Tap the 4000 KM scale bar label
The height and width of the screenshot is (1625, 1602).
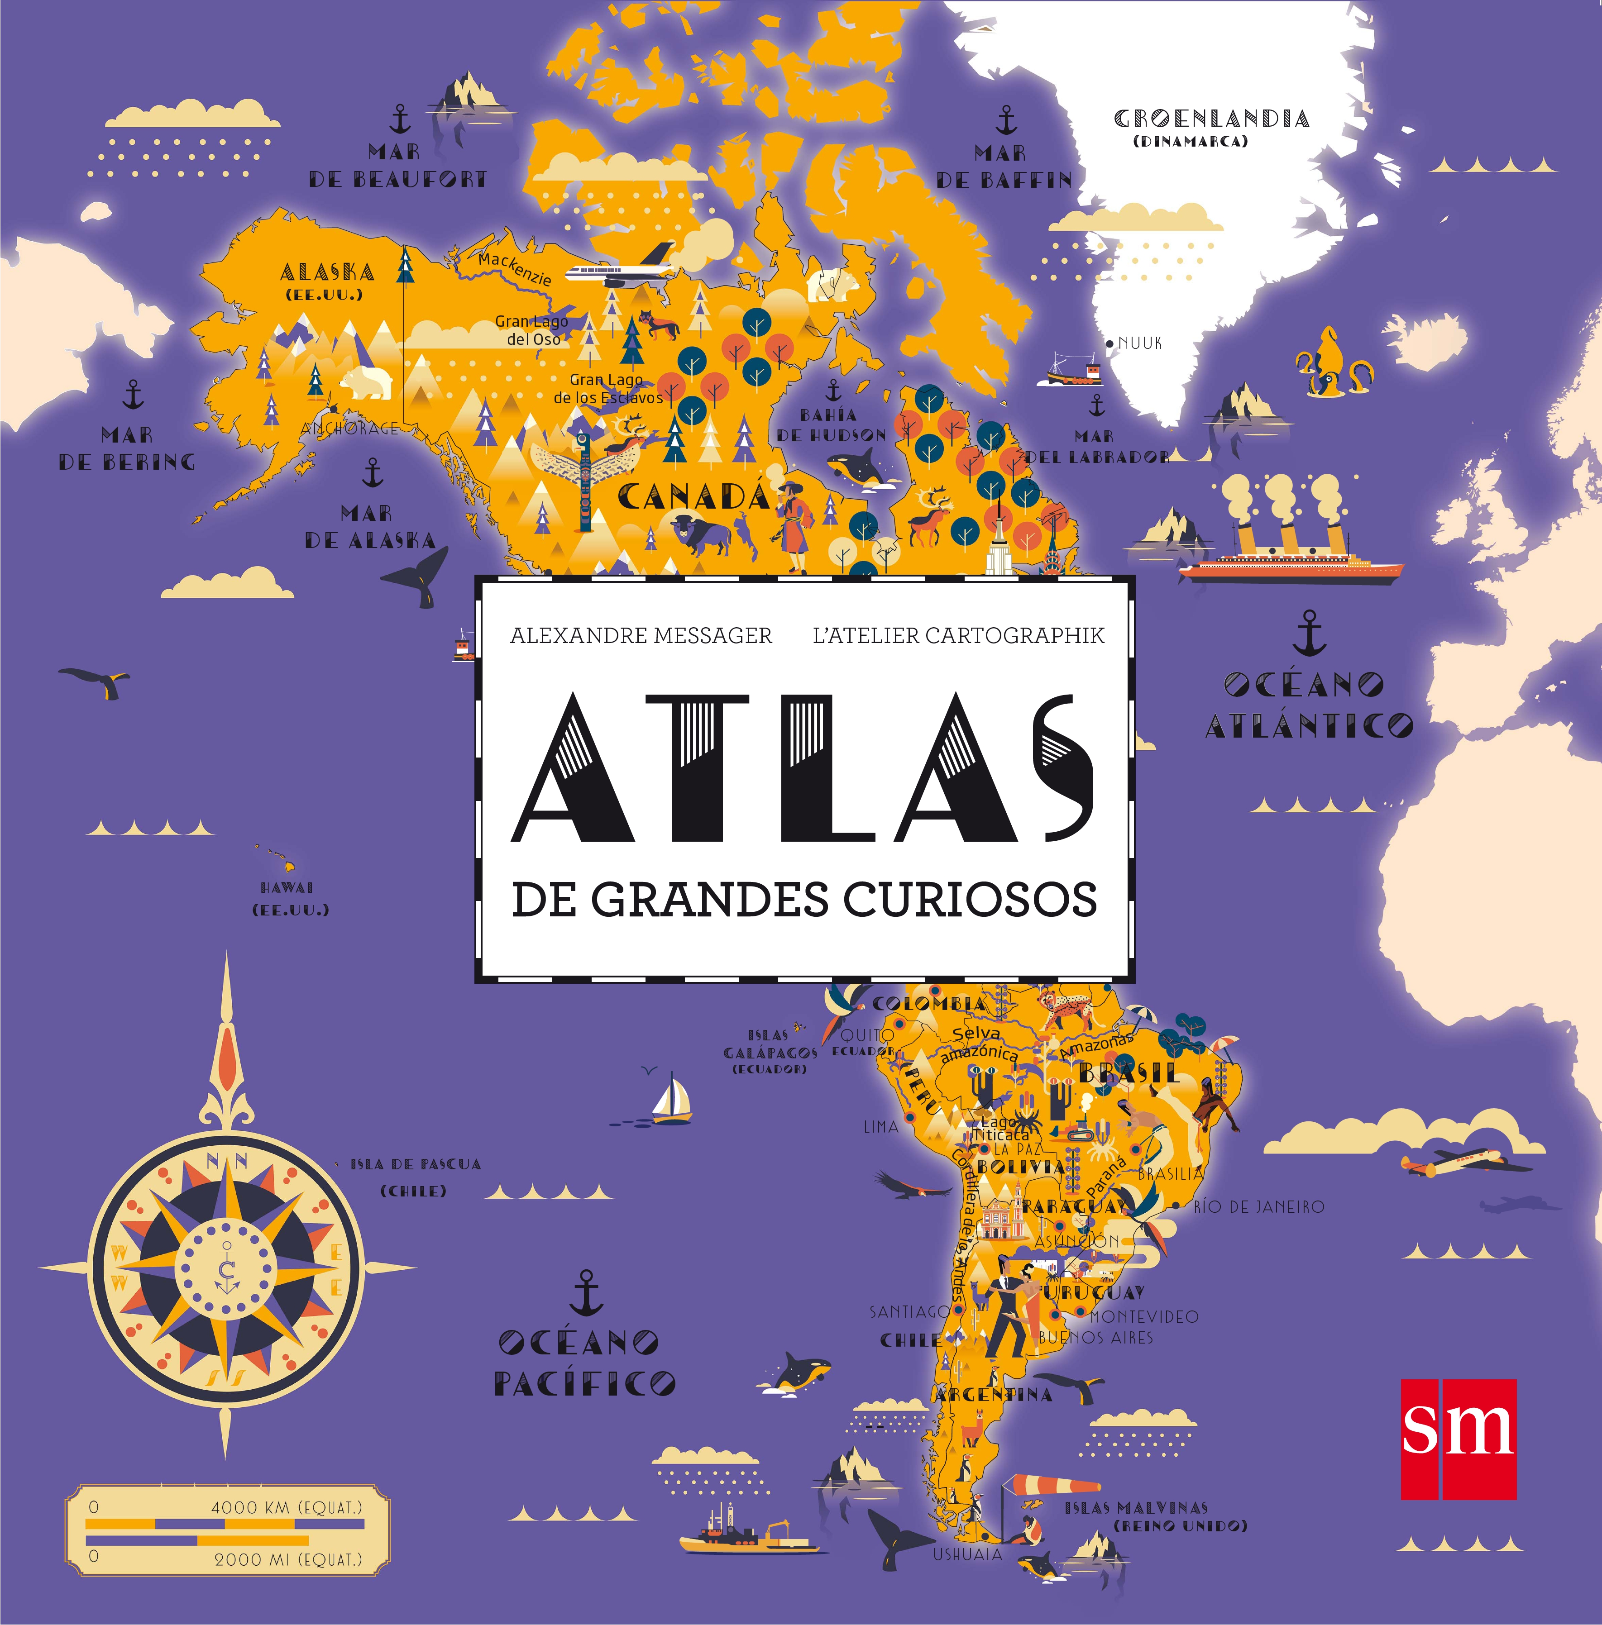tap(286, 1507)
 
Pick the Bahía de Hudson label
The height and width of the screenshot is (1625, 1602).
tap(831, 425)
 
